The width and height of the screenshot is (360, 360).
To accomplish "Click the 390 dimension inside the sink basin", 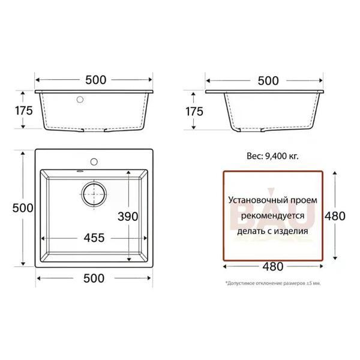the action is click(x=128, y=216).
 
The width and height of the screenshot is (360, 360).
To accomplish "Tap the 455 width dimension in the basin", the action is click(x=94, y=238).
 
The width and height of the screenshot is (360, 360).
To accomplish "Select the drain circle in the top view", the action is click(x=94, y=194).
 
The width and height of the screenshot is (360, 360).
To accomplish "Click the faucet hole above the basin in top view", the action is click(x=94, y=161).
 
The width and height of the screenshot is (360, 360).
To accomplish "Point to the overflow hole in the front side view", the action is click(x=80, y=100).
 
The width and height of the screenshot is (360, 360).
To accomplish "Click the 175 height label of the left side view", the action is click(x=24, y=110).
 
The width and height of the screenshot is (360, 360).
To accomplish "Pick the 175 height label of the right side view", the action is click(x=194, y=112).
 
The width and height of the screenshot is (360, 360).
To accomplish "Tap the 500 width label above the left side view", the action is click(x=96, y=80).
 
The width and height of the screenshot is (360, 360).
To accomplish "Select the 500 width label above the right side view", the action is click(x=268, y=81).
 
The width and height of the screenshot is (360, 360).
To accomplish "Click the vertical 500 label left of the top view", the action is click(x=23, y=208).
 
